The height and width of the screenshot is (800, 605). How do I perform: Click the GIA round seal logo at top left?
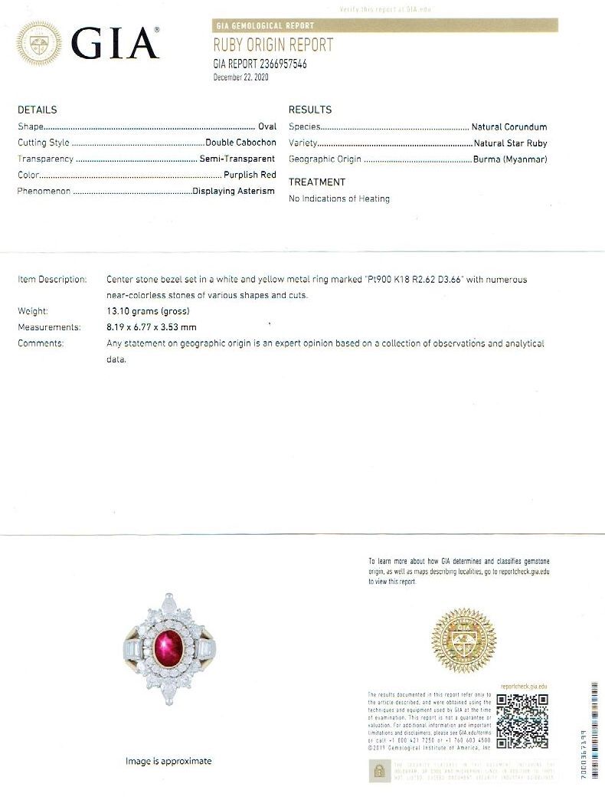pyautogui.click(x=39, y=43)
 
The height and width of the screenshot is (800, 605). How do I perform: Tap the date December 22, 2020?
pyautogui.click(x=240, y=77)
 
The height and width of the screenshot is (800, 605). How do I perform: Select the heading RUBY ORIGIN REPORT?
pyautogui.click(x=273, y=46)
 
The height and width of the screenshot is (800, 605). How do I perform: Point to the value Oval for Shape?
pyautogui.click(x=267, y=126)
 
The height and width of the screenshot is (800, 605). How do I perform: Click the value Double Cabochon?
pyautogui.click(x=240, y=143)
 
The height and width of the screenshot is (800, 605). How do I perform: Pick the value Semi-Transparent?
pyautogui.click(x=237, y=159)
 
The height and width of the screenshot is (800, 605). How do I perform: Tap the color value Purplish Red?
pyautogui.click(x=250, y=175)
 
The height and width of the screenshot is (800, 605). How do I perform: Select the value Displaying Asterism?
pyautogui.click(x=234, y=191)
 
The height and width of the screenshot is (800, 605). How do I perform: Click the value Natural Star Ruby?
pyautogui.click(x=510, y=143)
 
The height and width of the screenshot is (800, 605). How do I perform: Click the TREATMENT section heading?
pyautogui.click(x=316, y=182)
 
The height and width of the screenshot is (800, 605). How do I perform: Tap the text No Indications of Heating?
pyautogui.click(x=338, y=198)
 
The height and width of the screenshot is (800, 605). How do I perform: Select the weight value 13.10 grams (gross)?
pyautogui.click(x=147, y=311)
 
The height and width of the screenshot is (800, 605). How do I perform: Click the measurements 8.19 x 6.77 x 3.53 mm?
pyautogui.click(x=151, y=327)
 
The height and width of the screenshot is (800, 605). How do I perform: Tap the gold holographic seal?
pyautogui.click(x=463, y=641)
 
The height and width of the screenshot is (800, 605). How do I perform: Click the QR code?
pyautogui.click(x=522, y=721)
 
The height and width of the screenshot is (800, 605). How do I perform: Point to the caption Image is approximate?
pyautogui.click(x=168, y=761)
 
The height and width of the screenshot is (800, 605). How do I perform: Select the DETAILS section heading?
pyautogui.click(x=37, y=110)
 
